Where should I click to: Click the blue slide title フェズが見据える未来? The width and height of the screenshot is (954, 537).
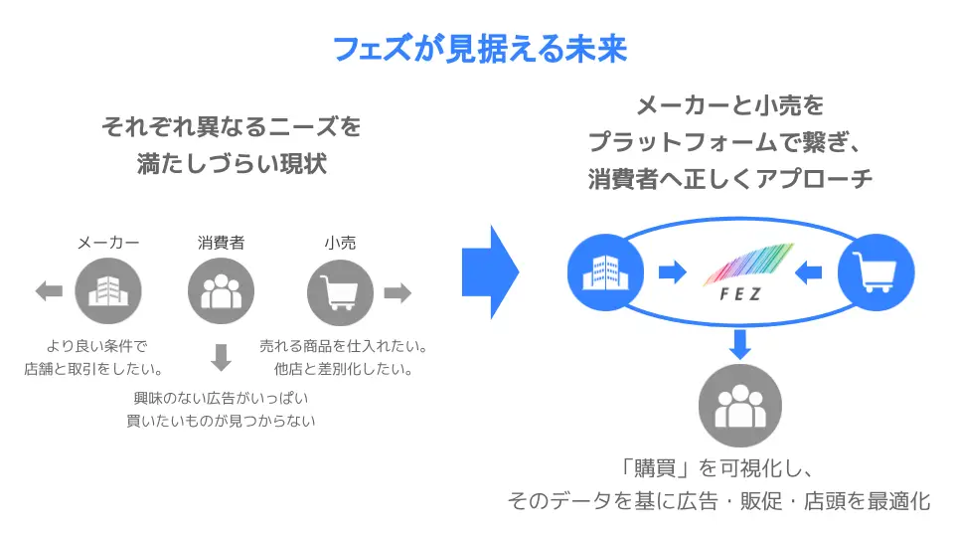pos(478,49)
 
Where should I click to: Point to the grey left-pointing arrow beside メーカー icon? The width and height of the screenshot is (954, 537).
pos(49,291)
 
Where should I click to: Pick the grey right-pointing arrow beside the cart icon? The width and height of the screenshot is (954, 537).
pos(397,291)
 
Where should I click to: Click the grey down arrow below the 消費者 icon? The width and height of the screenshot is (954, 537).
pos(222,356)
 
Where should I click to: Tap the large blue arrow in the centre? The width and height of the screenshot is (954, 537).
pos(490,268)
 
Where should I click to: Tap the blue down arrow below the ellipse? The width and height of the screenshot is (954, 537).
pos(738,344)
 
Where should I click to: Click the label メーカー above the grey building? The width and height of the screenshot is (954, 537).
pos(108,242)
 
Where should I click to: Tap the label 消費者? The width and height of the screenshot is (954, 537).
pos(222,242)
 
